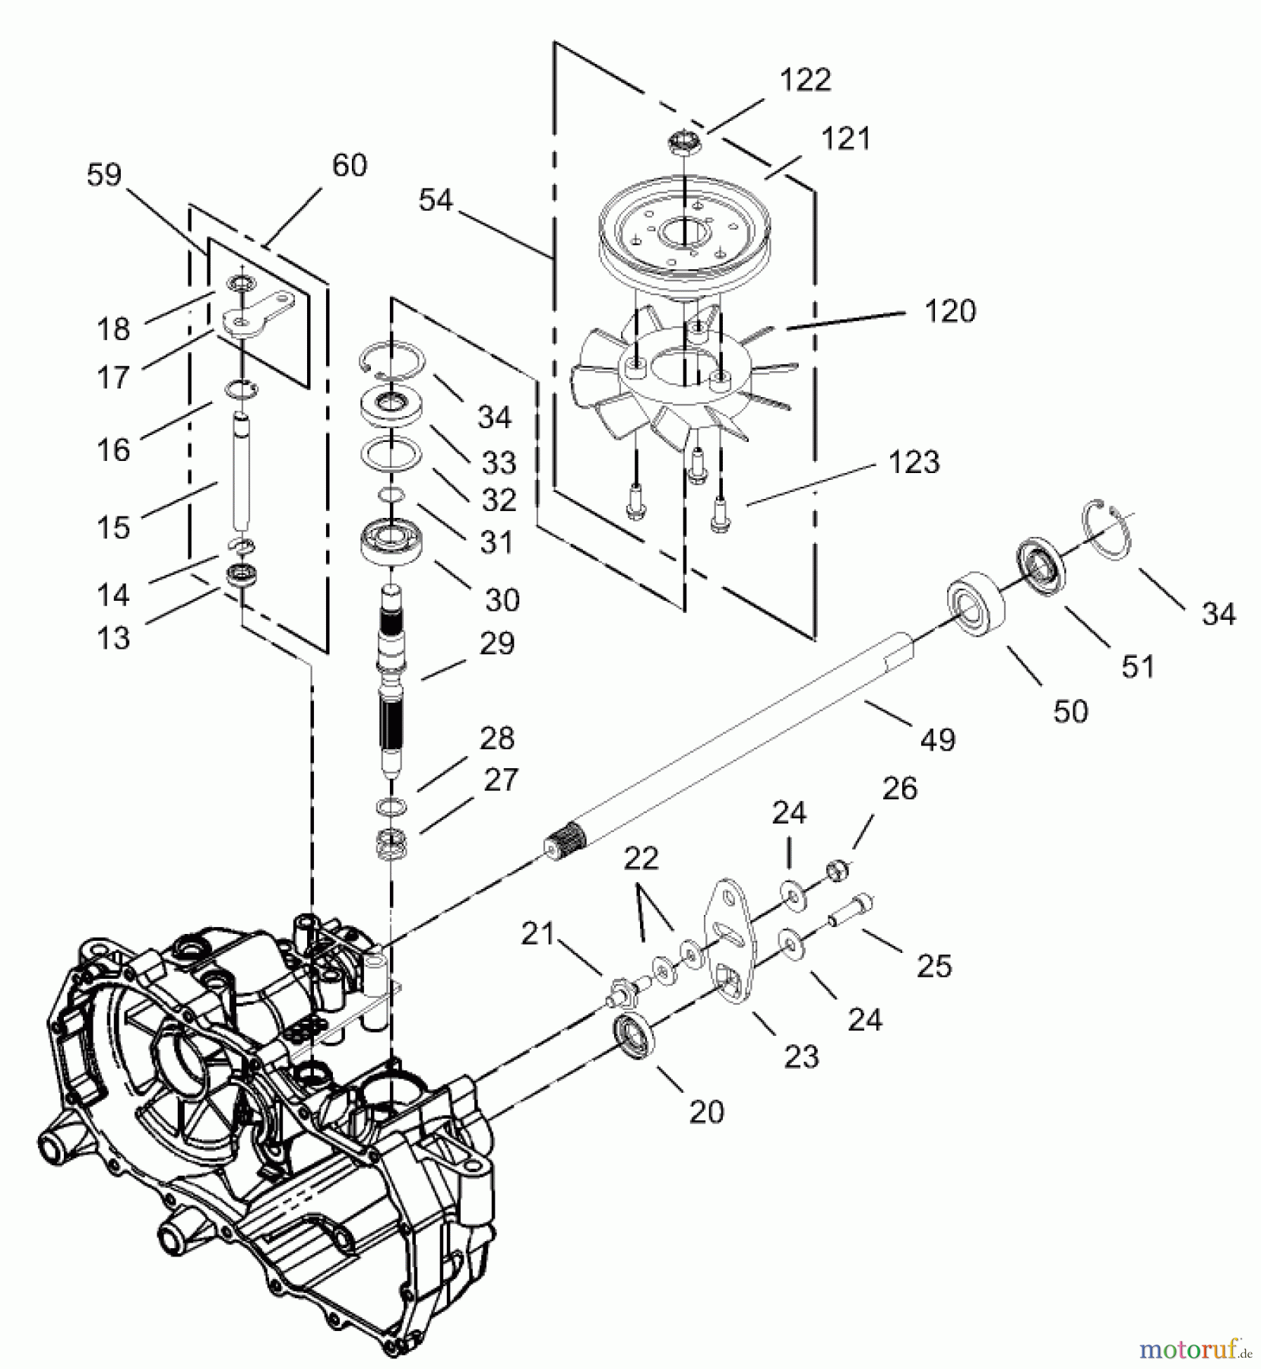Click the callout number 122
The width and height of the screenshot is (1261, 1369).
(x=805, y=80)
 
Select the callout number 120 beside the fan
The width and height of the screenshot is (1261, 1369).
(x=950, y=312)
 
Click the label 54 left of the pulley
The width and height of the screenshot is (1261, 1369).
(x=436, y=201)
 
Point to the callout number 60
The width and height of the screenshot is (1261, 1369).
(x=350, y=165)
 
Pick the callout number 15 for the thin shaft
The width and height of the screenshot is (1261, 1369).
(x=113, y=528)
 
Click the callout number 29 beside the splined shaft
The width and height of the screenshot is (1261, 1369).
(x=497, y=643)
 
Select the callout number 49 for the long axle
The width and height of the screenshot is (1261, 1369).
(x=937, y=739)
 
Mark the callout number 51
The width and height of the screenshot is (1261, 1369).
(x=1138, y=667)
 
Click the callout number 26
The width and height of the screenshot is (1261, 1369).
(x=900, y=789)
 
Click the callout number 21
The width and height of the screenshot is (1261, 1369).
(x=538, y=934)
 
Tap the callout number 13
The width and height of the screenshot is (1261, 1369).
(x=113, y=639)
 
